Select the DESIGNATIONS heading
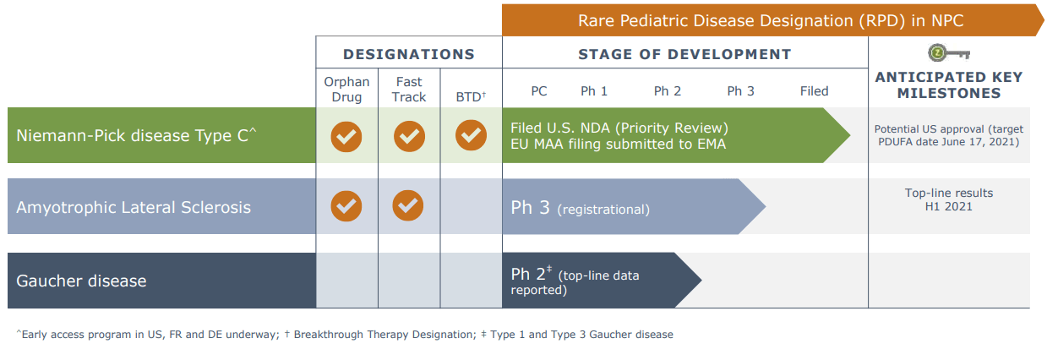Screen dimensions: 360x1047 coord(409,54)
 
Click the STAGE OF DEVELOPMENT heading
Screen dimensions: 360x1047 coord(684,54)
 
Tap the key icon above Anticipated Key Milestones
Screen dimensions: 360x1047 coord(948,54)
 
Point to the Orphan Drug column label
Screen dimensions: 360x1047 coord(346,90)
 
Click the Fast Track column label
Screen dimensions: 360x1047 coord(409,90)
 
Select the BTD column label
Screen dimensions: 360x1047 coord(470,96)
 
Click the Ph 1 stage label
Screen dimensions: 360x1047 coord(593,91)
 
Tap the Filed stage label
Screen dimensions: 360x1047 coord(814,91)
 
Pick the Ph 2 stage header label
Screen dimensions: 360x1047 coord(668,91)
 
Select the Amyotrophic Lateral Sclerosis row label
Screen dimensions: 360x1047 coord(134,207)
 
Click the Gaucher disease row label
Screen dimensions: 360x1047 coord(81,281)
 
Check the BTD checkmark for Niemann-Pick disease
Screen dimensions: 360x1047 coord(471,136)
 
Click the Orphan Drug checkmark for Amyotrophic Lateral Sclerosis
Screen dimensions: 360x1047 coord(346,206)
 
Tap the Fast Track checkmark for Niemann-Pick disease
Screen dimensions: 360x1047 coord(409,136)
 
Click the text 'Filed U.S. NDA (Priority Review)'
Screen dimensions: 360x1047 coord(619,128)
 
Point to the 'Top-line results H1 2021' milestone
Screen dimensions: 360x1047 coord(948,199)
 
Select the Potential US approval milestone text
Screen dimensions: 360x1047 coord(948,135)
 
